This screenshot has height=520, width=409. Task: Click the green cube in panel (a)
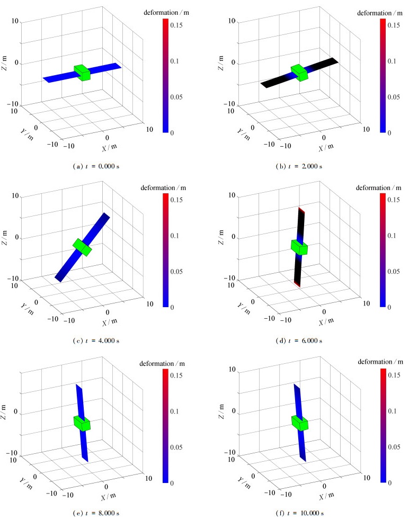tap(82, 73)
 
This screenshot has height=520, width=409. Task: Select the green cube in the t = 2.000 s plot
tap(299, 73)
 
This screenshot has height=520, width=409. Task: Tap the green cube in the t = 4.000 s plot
tap(83, 246)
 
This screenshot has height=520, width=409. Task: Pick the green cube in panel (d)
tap(299, 247)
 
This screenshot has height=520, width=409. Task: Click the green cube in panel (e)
tap(82, 423)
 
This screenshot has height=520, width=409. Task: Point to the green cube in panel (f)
tap(299, 423)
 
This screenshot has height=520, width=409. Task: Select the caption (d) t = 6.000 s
tap(299, 340)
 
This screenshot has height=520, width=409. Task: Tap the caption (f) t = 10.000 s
tap(299, 513)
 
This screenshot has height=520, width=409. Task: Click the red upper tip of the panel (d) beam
tap(301, 210)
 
